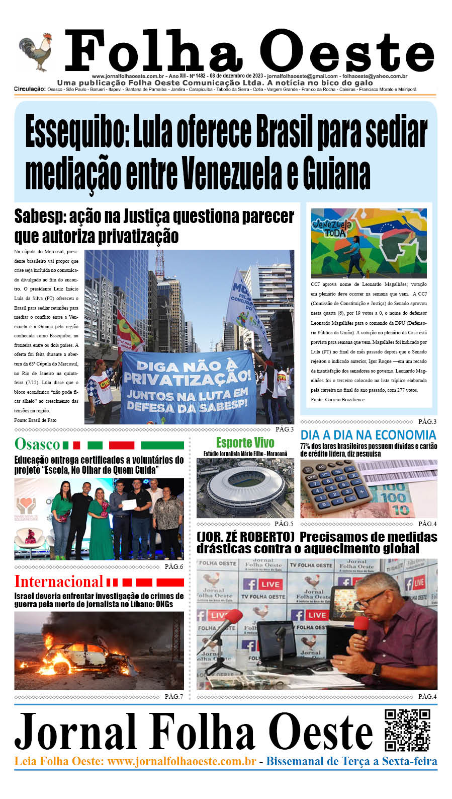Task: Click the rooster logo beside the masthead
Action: [x=36, y=52]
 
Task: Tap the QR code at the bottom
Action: [x=407, y=730]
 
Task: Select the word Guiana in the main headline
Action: [x=336, y=173]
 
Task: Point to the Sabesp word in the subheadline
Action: [x=39, y=216]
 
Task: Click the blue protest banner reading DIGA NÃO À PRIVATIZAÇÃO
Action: [x=188, y=386]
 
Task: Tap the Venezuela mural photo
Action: [x=369, y=243]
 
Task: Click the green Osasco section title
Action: [x=37, y=444]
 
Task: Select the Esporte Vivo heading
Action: [x=245, y=443]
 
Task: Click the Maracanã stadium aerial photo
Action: [x=245, y=487]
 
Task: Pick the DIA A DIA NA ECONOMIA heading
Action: [x=368, y=435]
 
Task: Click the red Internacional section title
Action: [x=58, y=582]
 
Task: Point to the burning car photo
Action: [x=99, y=657]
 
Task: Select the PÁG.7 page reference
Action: [x=173, y=697]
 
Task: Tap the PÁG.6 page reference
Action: [x=173, y=567]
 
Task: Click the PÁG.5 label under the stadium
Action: [x=284, y=524]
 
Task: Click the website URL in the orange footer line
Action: [x=182, y=761]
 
